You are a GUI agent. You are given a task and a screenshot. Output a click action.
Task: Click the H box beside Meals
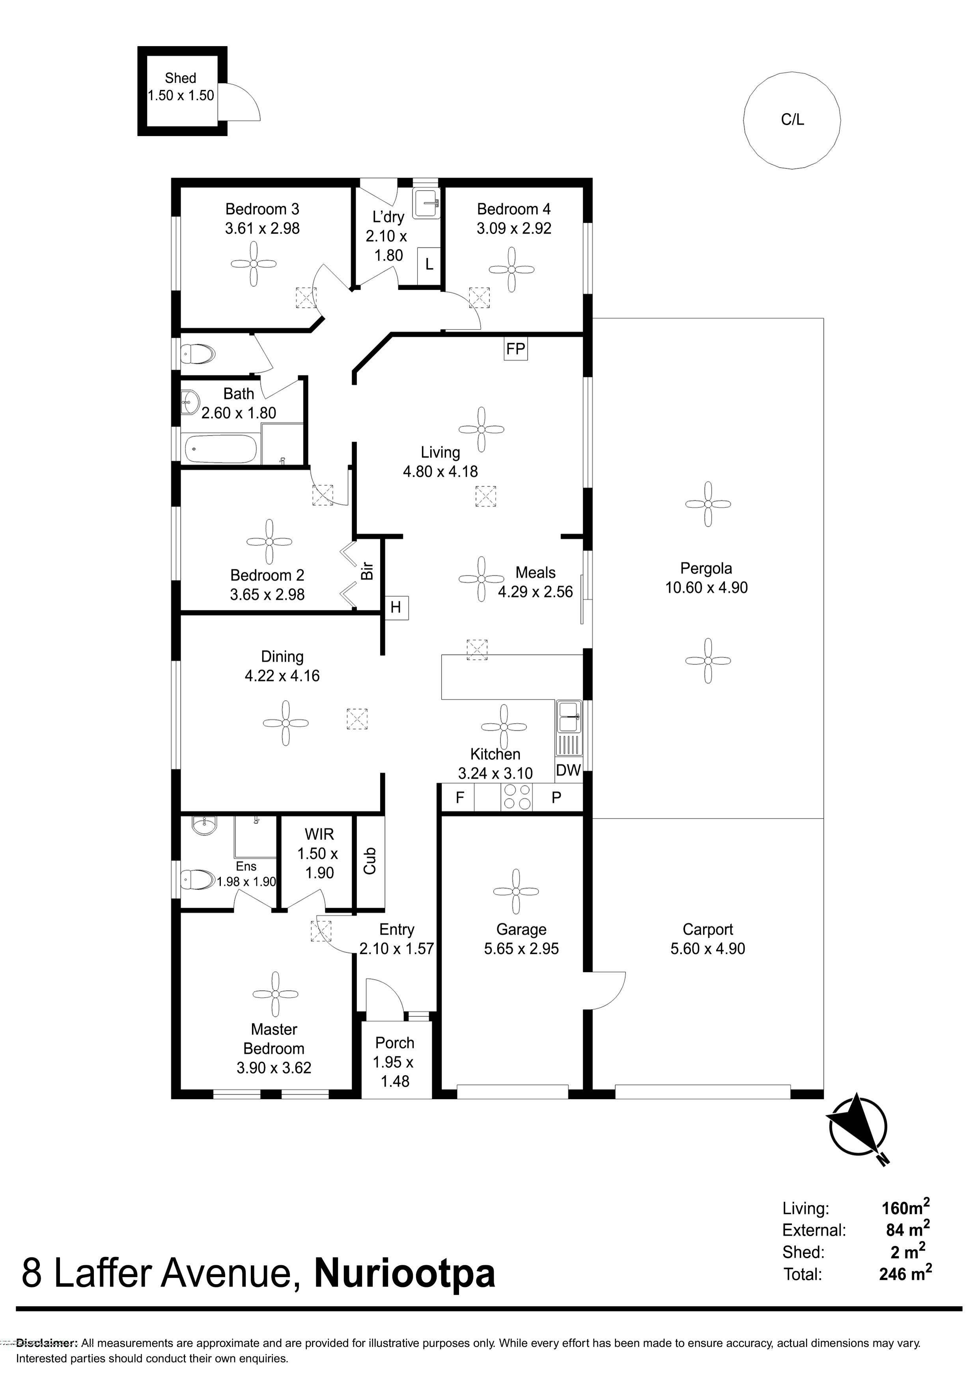coord(396,607)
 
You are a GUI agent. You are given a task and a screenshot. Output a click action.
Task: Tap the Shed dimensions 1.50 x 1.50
coord(181,95)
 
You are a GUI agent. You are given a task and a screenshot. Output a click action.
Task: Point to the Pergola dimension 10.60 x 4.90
coord(706,588)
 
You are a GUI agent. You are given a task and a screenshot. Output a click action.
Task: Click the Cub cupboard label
coord(370,861)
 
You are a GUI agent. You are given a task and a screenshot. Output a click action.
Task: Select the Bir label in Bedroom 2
coord(367,571)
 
